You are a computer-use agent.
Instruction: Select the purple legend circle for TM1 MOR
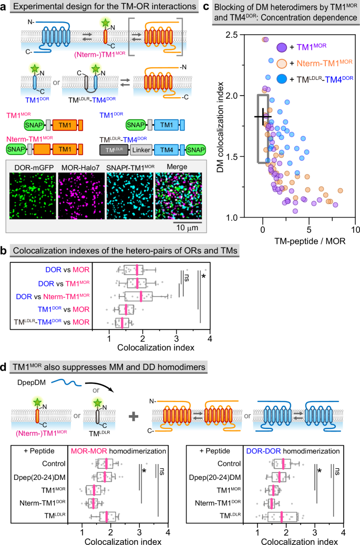coord(282,48)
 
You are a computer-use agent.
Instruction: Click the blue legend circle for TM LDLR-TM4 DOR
coord(282,79)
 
